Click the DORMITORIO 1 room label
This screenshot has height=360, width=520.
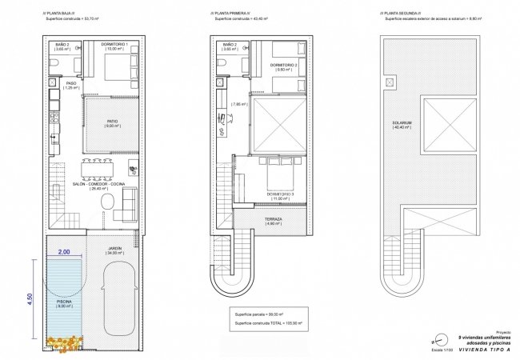(117, 46)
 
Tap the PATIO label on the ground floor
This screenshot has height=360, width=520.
(113, 122)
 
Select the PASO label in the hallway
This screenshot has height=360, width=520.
(70, 84)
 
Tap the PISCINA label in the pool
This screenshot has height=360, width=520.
(63, 302)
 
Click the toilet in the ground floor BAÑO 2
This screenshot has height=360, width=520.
(54, 63)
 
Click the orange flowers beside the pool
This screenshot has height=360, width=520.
(63, 342)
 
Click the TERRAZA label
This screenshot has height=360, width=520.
(273, 220)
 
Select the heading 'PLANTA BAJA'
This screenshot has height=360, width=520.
(61, 14)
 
